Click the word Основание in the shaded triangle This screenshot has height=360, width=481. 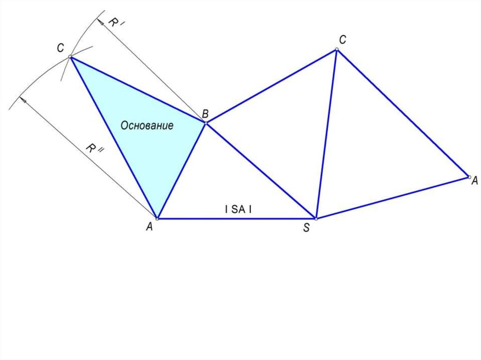[147, 125]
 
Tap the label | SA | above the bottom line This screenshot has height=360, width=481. [238, 209]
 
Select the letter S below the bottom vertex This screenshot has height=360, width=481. [306, 228]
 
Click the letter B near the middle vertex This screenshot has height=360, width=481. [205, 114]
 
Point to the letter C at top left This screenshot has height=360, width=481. [61, 48]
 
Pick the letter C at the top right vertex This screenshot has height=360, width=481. [342, 39]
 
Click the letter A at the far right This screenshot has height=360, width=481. [474, 181]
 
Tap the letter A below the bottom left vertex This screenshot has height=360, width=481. [149, 227]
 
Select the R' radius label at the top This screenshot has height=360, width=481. [115, 22]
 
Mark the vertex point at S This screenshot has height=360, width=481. [316, 219]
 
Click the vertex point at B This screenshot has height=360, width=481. [206, 123]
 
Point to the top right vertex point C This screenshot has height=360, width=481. [336, 49]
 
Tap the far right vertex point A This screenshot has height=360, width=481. [469, 177]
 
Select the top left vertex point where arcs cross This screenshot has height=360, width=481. [70, 57]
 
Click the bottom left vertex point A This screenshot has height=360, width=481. [157, 219]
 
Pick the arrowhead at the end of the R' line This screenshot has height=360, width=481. [100, 22]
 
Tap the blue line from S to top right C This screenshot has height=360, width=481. [326, 134]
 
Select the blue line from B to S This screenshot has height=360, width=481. [261, 171]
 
